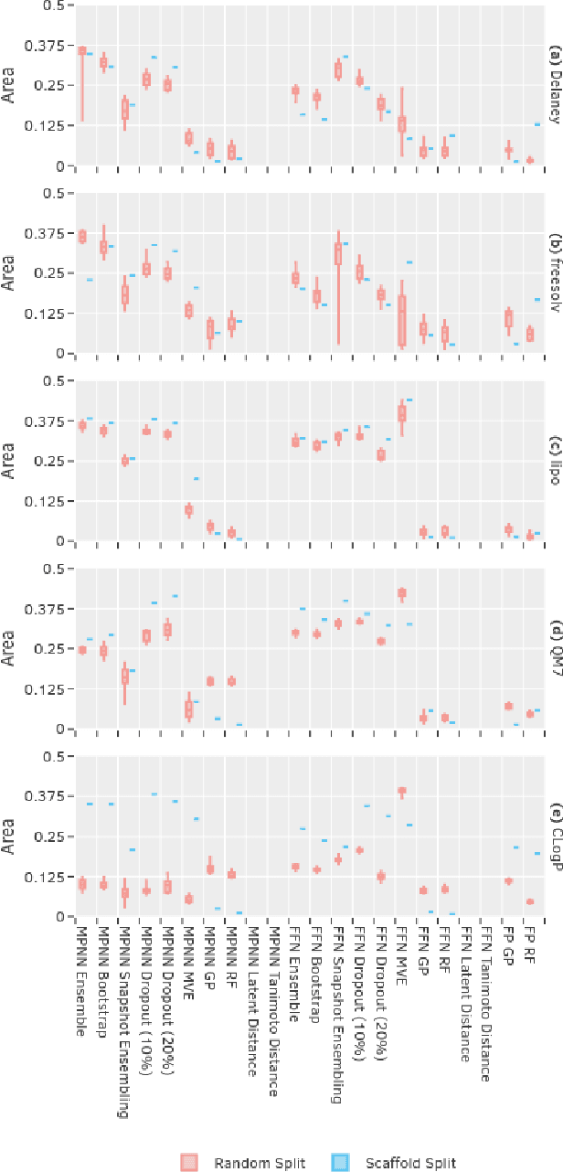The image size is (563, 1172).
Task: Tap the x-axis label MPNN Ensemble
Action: click(82, 981)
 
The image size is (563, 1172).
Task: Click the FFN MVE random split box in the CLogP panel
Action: click(401, 791)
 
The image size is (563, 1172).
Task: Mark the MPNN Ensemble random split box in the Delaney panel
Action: click(82, 51)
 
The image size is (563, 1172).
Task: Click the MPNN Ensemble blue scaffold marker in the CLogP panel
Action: click(90, 804)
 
